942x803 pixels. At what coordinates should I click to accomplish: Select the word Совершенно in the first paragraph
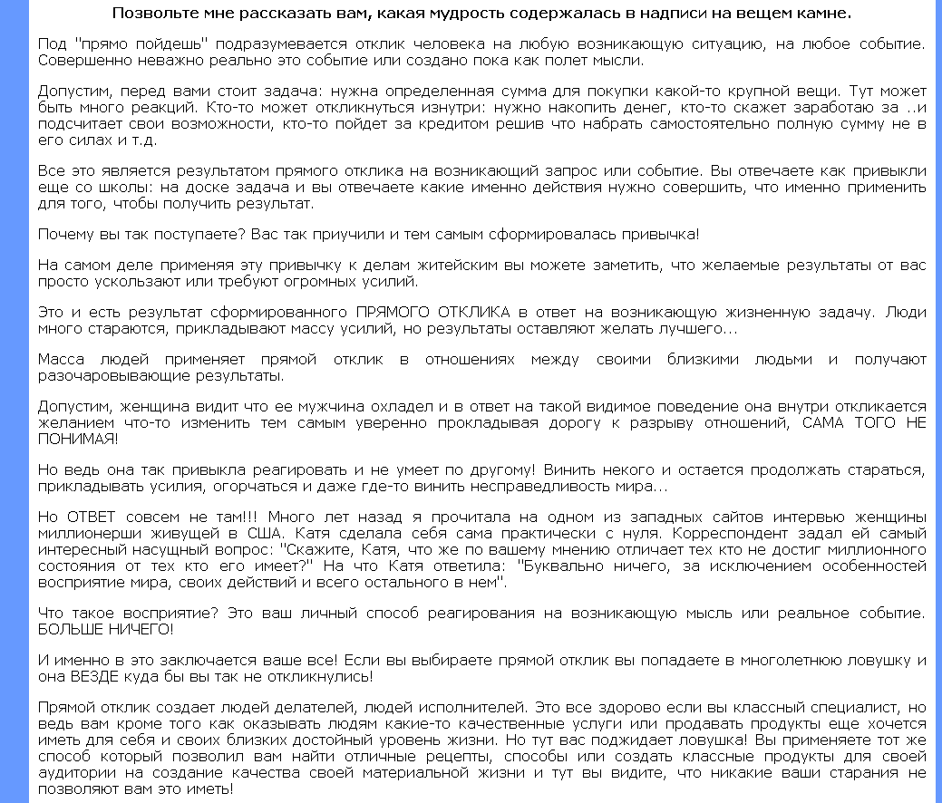pyautogui.click(x=77, y=61)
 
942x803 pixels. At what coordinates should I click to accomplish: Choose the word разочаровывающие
pyautogui.click(x=101, y=376)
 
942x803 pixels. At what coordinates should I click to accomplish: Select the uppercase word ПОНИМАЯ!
pyautogui.click(x=77, y=439)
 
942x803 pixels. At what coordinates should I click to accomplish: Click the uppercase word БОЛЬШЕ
pyautogui.click(x=70, y=628)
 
